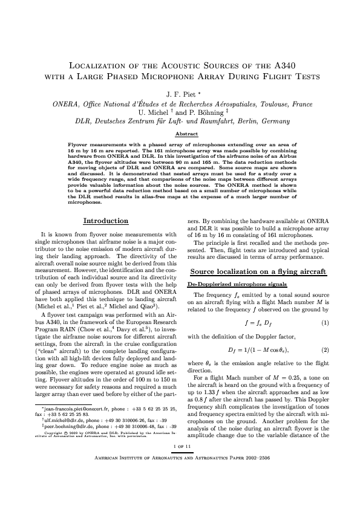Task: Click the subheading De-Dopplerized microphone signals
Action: click(x=227, y=284)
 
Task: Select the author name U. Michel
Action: click(x=156, y=112)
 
